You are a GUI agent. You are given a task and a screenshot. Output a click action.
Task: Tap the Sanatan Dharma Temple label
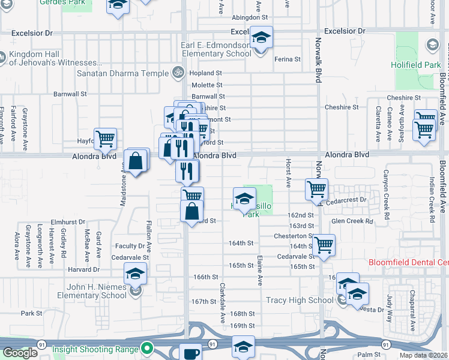click(x=122, y=73)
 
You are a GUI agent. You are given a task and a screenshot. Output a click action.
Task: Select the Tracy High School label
click(x=300, y=300)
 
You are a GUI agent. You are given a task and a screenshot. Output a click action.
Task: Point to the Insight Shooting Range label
click(x=95, y=349)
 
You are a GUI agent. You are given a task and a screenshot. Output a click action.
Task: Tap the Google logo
click(x=19, y=353)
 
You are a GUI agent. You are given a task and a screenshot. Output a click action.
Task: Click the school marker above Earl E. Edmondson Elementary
click(x=261, y=38)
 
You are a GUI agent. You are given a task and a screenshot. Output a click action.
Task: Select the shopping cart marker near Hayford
click(x=105, y=139)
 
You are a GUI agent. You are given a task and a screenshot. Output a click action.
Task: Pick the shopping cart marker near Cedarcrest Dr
click(x=316, y=190)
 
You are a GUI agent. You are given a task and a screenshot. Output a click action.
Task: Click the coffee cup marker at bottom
click(x=191, y=353)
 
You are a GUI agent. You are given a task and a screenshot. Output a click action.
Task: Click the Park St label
click(x=32, y=313)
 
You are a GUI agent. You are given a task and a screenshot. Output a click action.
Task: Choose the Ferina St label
click(x=288, y=59)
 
